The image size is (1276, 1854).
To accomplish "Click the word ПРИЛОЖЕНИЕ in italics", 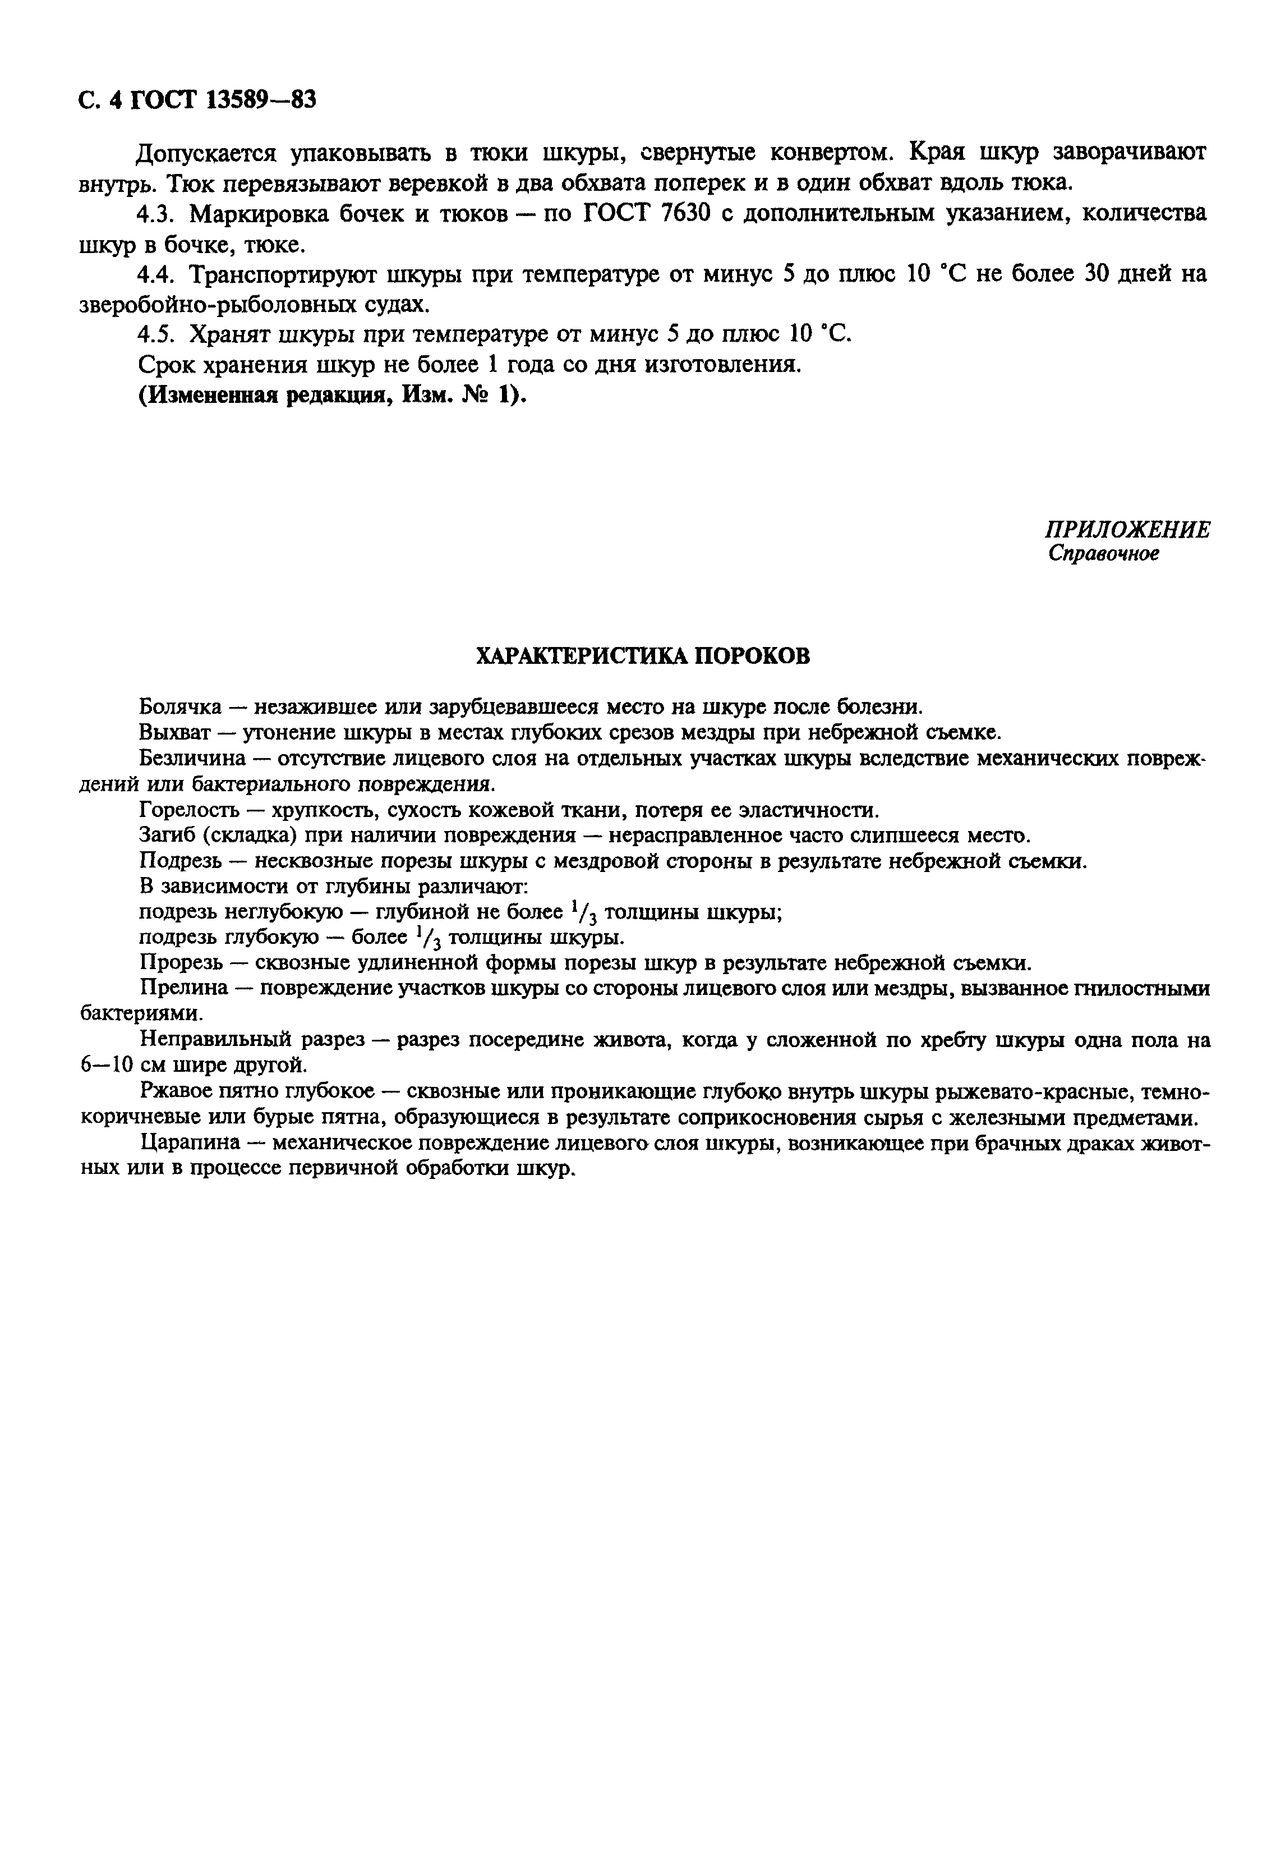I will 1127,530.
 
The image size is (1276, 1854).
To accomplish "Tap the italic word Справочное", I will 1103,553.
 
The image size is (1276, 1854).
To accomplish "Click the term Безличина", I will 188,758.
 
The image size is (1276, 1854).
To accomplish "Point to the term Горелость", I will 188,810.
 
